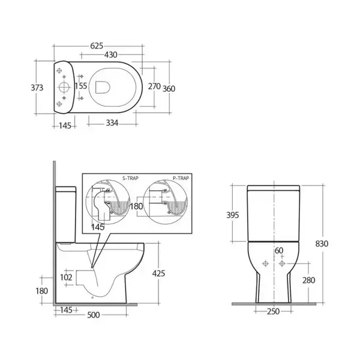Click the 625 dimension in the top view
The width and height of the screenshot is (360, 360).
point(97,46)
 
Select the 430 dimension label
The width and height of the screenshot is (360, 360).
point(110,55)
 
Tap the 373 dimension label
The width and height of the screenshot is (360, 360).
point(37,88)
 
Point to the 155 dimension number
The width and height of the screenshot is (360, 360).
point(81,86)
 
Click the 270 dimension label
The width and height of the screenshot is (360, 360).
point(154,86)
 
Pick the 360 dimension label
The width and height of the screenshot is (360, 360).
point(169,89)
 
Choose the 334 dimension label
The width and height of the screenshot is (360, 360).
point(112,123)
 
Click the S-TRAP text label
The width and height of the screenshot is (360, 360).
point(130,178)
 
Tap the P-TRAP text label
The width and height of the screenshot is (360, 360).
point(181,178)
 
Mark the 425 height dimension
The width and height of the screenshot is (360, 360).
point(158,274)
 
